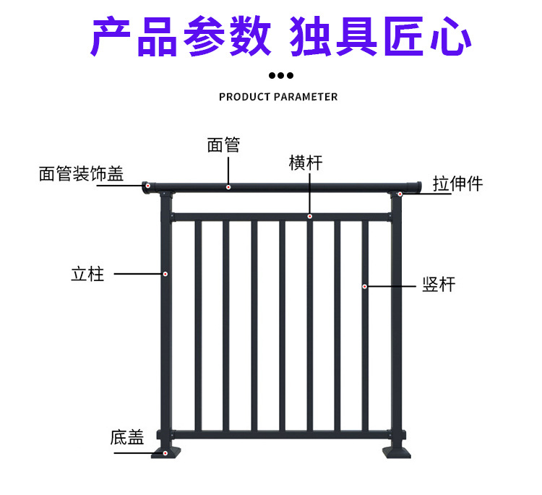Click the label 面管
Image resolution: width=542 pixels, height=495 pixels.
click(x=223, y=145)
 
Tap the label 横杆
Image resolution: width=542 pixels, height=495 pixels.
click(x=305, y=163)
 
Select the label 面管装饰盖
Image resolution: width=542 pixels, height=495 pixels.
click(x=81, y=173)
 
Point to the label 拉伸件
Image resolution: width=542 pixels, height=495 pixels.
click(x=457, y=184)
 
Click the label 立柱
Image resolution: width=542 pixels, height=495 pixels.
click(x=87, y=274)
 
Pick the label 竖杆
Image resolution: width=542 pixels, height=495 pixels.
click(x=439, y=284)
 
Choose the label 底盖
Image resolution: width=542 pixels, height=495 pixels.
click(x=127, y=437)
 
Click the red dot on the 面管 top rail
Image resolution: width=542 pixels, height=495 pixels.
click(x=228, y=187)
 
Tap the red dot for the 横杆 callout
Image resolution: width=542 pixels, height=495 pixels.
click(x=309, y=216)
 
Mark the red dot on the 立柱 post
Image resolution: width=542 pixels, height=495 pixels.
click(x=165, y=274)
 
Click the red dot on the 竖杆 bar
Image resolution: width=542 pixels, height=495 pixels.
click(x=365, y=287)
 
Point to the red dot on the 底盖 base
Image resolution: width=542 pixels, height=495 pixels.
click(x=166, y=453)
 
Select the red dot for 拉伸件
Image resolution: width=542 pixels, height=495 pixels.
click(x=400, y=194)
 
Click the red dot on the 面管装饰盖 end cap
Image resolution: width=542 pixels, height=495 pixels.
click(x=147, y=186)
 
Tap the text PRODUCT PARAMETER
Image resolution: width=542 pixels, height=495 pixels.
click(x=278, y=97)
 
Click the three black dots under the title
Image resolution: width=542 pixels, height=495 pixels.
click(x=280, y=75)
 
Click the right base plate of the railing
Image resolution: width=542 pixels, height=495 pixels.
click(x=396, y=450)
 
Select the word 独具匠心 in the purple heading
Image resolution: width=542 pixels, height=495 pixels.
click(x=380, y=37)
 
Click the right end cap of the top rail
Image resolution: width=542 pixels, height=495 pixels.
click(x=413, y=186)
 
